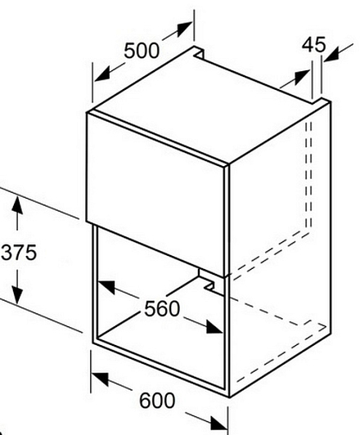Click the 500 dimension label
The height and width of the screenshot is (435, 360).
coord(142,51)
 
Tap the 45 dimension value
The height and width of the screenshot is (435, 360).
coord(313,45)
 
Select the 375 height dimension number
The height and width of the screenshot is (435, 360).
coord(19,253)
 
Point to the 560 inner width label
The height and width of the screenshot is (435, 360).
coord(162,309)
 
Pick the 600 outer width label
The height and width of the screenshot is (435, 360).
coord(157,401)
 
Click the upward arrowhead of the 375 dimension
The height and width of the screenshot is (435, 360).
coord(17,204)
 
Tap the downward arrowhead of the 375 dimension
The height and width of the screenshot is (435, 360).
coord(17,295)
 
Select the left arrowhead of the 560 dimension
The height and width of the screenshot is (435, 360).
coord(106,287)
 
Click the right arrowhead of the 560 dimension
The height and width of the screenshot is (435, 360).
coord(214,326)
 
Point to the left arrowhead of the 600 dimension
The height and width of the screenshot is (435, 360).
coord(100,379)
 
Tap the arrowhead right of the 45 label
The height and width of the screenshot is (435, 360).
coord(331,54)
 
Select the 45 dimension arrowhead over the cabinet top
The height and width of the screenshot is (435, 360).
coord(302,76)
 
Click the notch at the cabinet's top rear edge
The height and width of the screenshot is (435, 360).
coord(200,52)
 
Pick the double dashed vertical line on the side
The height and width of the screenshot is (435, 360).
coord(308,176)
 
